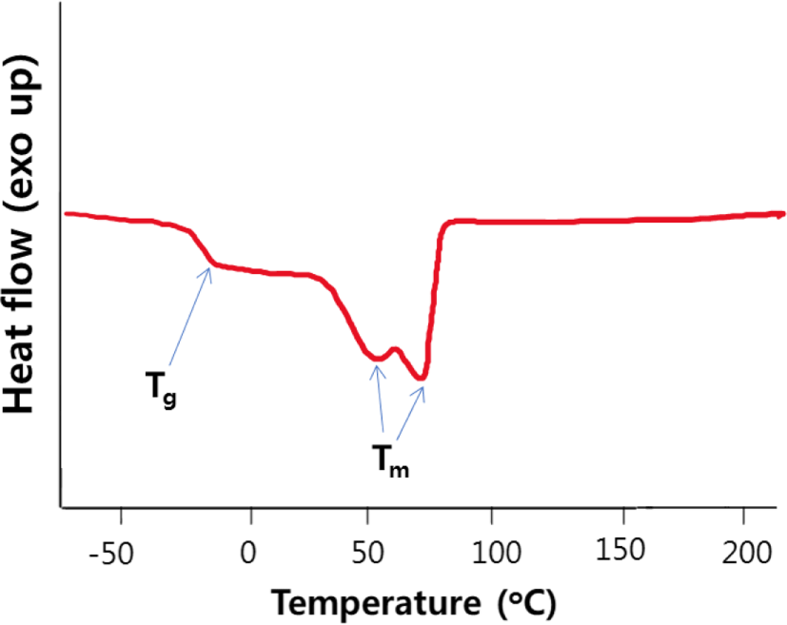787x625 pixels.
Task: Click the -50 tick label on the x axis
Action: (x=111, y=554)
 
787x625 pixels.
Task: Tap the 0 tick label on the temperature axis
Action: (x=248, y=553)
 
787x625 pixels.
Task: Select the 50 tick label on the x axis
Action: (x=368, y=553)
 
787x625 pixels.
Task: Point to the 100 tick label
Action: (x=497, y=553)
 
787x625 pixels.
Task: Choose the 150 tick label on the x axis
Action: (x=620, y=549)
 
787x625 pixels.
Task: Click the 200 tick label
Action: (x=746, y=553)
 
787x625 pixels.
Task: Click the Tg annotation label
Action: (x=161, y=390)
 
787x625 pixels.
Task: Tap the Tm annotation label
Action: (x=390, y=461)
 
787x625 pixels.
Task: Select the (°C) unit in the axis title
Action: (x=527, y=603)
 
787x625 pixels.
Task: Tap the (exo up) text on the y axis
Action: (x=20, y=135)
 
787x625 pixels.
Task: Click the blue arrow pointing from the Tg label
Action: (x=189, y=316)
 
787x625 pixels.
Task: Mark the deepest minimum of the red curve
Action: (x=422, y=378)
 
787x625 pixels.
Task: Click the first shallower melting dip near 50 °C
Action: (x=377, y=359)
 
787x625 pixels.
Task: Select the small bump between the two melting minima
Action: (x=395, y=348)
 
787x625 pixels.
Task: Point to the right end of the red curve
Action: (x=782, y=214)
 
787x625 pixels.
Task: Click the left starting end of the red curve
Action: (x=67, y=214)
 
